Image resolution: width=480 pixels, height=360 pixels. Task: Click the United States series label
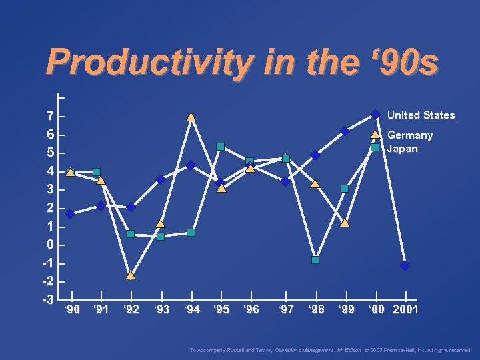coord(421,115)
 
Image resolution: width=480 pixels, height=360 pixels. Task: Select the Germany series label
coord(410,135)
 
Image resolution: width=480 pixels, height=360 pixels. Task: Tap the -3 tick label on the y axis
coord(47,299)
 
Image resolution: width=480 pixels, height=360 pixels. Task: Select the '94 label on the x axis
coord(191,309)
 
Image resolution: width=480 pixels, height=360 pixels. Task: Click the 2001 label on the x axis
coord(406,309)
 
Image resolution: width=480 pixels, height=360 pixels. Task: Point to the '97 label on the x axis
coord(285,309)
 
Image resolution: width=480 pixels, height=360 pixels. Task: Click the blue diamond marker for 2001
coord(405,265)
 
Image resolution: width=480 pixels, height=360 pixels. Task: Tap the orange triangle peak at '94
coord(191,117)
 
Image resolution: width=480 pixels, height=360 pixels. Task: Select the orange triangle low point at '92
coord(131,275)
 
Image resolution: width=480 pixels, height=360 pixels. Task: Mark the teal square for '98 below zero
coord(315,260)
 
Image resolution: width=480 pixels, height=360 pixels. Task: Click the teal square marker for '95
coord(220,147)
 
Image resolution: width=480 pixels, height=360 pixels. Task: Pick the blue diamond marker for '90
coord(70,214)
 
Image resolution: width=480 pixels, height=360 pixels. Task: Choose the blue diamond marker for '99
coord(345,131)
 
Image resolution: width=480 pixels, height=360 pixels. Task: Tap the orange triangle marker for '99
coord(345,223)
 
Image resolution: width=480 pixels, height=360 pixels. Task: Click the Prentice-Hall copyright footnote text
coord(331,350)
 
